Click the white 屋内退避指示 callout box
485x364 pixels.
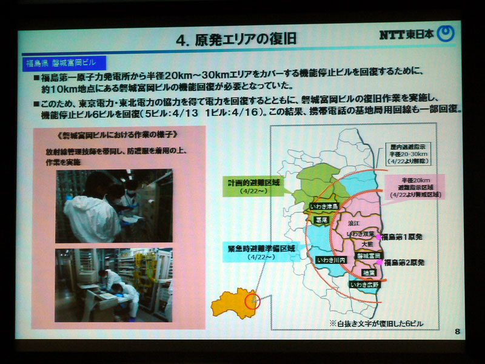pyautogui.click(x=413, y=153)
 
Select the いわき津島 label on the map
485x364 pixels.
pyautogui.click(x=326, y=206)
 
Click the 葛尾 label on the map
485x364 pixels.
pyautogui.click(x=322, y=222)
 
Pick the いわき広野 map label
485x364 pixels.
pyautogui.click(x=364, y=284)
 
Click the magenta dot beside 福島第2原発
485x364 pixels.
pyautogui.click(x=382, y=263)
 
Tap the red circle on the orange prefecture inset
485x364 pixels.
pyautogui.click(x=252, y=300)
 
